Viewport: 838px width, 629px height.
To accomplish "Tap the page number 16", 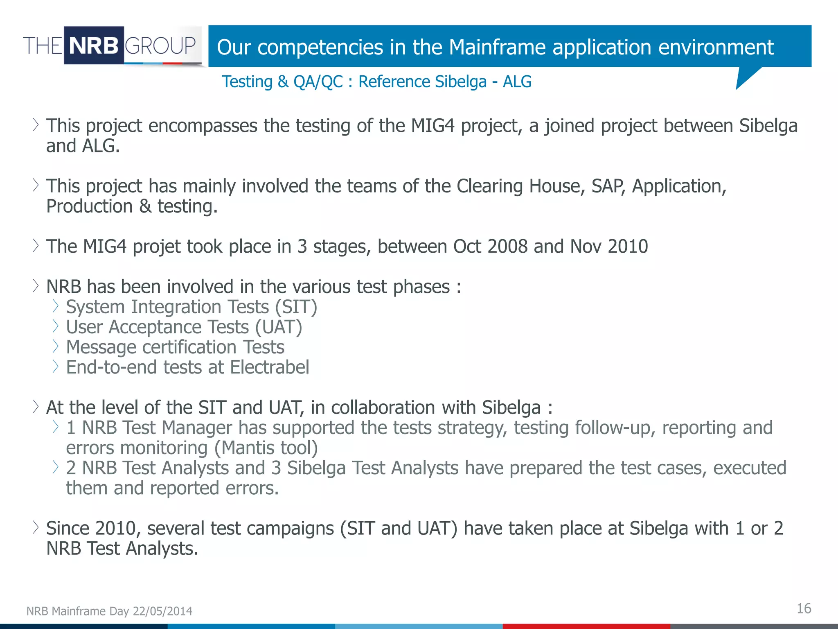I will (804, 609).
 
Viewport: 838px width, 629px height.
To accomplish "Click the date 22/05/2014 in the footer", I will (162, 611).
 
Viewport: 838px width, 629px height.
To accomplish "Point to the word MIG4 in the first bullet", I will (433, 126).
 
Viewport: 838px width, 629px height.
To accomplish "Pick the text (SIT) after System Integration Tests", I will (296, 307).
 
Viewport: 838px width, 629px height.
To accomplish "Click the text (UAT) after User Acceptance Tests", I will (279, 327).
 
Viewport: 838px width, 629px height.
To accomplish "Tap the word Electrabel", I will (269, 367).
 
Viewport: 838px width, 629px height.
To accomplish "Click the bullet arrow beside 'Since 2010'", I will (36, 527).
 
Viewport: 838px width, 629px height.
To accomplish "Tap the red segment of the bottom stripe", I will (586, 626).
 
